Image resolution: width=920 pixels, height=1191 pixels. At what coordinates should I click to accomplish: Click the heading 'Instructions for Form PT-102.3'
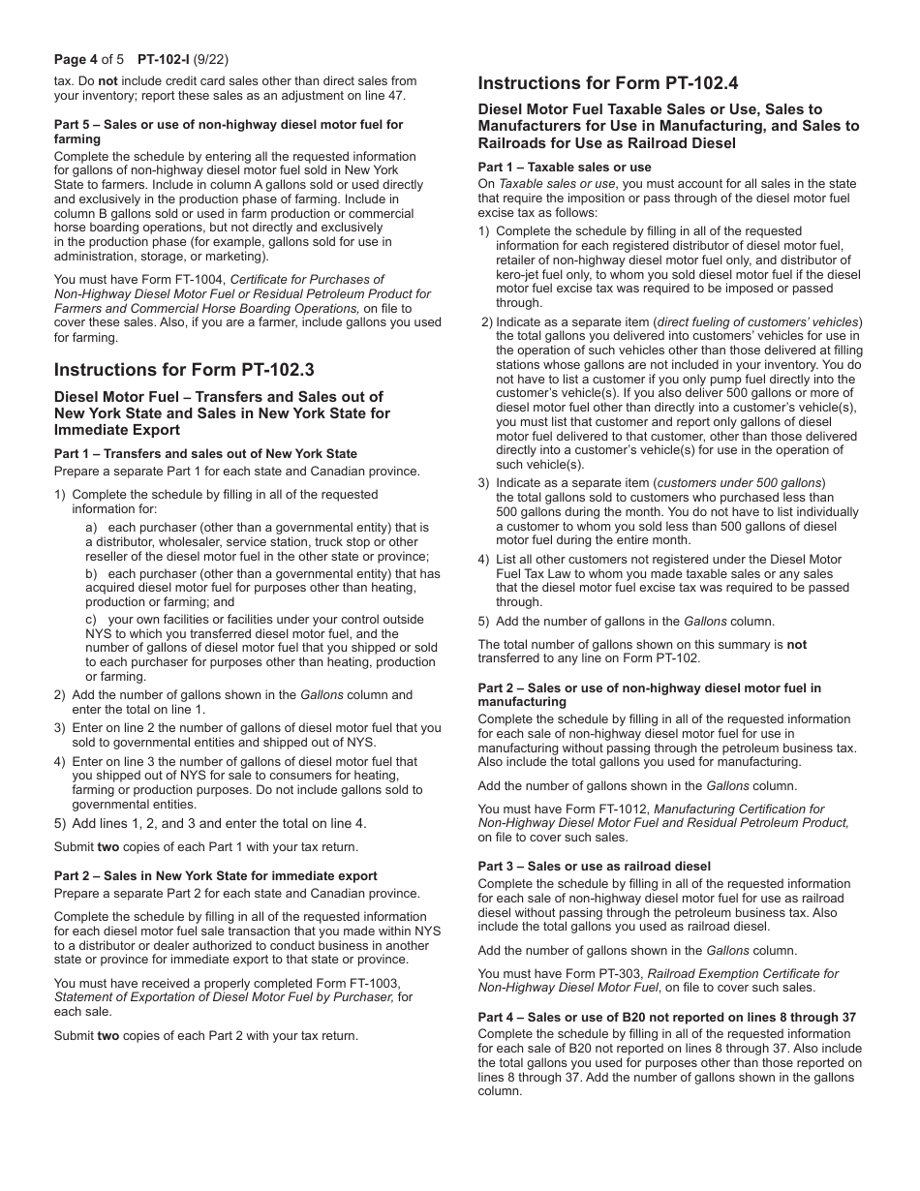pos(184,370)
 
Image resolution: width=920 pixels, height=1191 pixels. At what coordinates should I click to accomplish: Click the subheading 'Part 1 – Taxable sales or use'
pos(565,168)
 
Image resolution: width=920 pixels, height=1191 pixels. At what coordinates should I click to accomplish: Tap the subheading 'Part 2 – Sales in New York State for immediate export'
pos(216,876)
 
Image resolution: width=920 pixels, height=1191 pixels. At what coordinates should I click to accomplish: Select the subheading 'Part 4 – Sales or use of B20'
pos(667,1018)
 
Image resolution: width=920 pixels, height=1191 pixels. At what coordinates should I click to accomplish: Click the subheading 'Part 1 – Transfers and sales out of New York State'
pos(205,454)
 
